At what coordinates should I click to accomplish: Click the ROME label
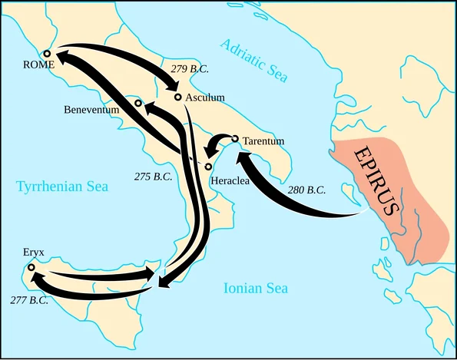(x=39, y=65)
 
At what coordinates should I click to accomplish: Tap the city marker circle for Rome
(x=47, y=54)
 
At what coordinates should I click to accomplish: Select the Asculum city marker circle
(x=178, y=97)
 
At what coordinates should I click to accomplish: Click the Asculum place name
(x=205, y=97)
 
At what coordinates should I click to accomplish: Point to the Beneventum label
(x=91, y=110)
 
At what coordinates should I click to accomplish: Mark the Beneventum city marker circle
(x=138, y=103)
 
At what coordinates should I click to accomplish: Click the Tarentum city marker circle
(x=235, y=139)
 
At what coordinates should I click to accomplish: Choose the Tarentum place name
(x=263, y=141)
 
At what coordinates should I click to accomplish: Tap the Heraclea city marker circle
(x=208, y=167)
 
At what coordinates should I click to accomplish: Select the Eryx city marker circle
(x=31, y=267)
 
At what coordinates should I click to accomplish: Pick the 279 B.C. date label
(x=190, y=68)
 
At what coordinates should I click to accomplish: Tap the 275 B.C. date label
(x=153, y=177)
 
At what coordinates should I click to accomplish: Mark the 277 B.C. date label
(x=29, y=299)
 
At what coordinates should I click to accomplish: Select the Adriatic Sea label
(x=254, y=60)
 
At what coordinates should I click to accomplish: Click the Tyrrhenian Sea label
(x=62, y=186)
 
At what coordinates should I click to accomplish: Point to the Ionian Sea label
(x=256, y=289)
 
